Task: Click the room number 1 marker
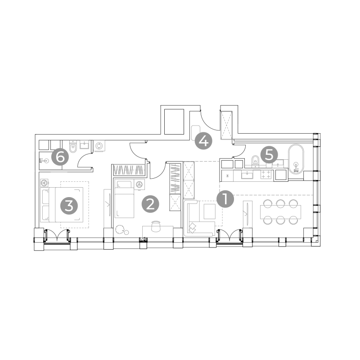click(x=225, y=199)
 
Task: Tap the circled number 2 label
click(x=150, y=204)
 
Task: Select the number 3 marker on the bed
click(x=69, y=206)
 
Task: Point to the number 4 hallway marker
click(x=203, y=141)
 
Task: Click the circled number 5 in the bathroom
click(x=269, y=155)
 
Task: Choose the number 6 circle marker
click(x=60, y=157)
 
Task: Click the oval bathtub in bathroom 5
click(x=296, y=159)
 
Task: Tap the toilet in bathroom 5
click(x=255, y=160)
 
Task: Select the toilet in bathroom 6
click(x=73, y=147)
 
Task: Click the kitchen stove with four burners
click(x=266, y=174)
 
